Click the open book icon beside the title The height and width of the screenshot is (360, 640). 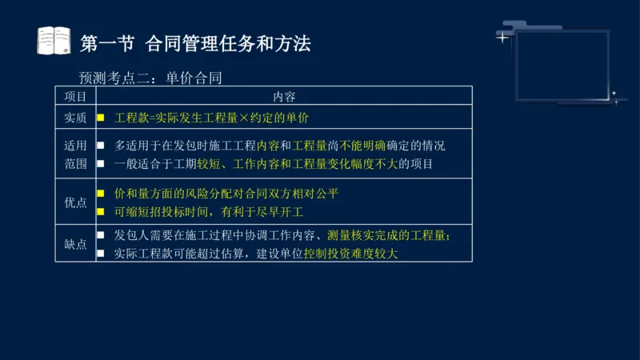[x=54, y=40]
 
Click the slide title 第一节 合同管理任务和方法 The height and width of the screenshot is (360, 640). [x=195, y=42]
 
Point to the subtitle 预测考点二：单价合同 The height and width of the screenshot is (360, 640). [x=150, y=78]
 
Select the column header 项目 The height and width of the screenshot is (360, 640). [x=75, y=96]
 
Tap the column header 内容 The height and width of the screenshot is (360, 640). [x=284, y=96]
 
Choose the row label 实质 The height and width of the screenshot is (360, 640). [x=75, y=118]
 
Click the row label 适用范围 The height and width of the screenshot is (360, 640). [x=75, y=154]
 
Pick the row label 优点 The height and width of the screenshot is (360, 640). [x=75, y=202]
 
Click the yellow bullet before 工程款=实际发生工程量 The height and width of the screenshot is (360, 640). [x=101, y=118]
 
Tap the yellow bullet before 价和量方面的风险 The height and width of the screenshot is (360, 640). [x=101, y=194]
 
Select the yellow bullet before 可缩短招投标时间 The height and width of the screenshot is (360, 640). [x=101, y=212]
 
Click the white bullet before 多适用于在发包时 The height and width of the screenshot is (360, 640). [x=101, y=146]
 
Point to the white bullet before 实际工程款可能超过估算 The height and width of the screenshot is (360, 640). [x=101, y=254]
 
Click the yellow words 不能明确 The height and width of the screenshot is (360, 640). [x=363, y=146]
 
